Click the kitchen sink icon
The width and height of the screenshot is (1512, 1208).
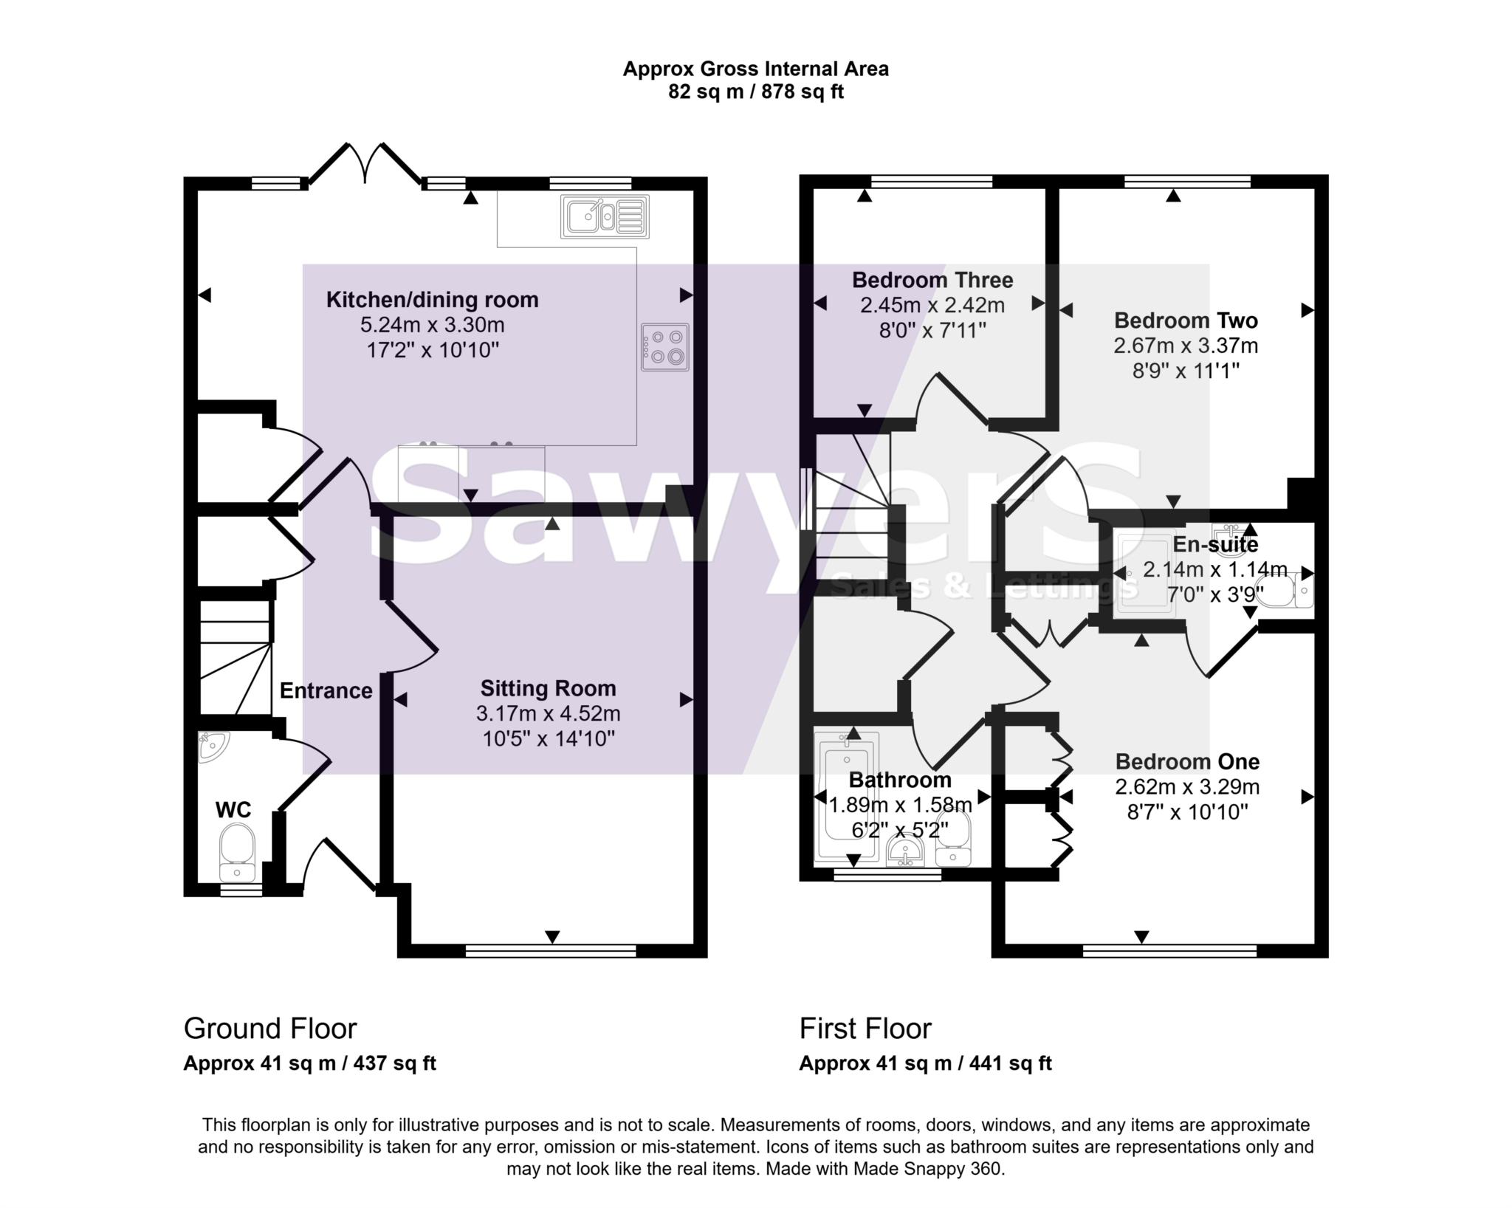click(605, 216)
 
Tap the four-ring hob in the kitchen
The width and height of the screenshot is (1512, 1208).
click(664, 347)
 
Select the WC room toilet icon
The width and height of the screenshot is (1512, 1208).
click(237, 851)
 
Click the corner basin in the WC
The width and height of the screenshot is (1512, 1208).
click(212, 746)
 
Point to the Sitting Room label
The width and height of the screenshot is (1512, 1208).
click(548, 688)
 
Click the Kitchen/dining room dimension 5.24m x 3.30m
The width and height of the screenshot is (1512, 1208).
click(433, 325)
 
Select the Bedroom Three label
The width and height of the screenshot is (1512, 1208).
click(932, 280)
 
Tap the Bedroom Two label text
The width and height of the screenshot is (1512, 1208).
click(1186, 320)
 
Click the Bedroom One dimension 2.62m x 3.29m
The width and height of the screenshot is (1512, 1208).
click(1186, 787)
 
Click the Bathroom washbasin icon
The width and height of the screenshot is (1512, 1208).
click(905, 851)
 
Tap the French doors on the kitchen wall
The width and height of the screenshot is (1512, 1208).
click(365, 162)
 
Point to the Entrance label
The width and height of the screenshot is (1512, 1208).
click(326, 690)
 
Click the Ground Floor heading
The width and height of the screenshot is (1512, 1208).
click(269, 1028)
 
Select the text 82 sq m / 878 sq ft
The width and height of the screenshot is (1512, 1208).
click(755, 92)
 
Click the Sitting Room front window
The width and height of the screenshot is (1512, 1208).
click(550, 950)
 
